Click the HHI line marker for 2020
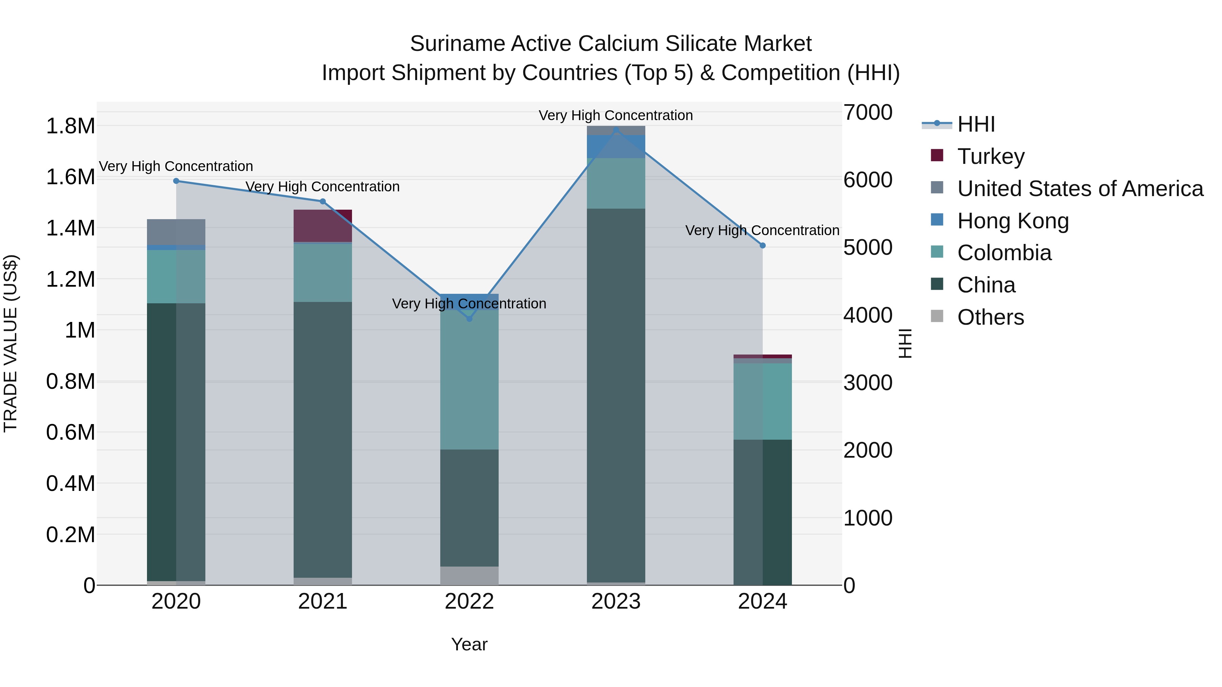[176, 180]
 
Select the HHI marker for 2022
[469, 319]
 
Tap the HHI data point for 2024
[762, 246]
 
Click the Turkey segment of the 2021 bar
[322, 226]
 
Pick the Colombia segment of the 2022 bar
[469, 379]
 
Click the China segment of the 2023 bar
[616, 394]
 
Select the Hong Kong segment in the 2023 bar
[616, 146]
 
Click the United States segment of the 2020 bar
[176, 232]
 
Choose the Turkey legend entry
[990, 156]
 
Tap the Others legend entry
[990, 317]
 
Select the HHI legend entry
[975, 124]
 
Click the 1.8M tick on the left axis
[70, 127]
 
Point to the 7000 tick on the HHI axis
[868, 113]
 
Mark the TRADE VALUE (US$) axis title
[11, 343]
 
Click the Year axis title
[469, 644]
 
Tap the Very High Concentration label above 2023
[616, 115]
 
